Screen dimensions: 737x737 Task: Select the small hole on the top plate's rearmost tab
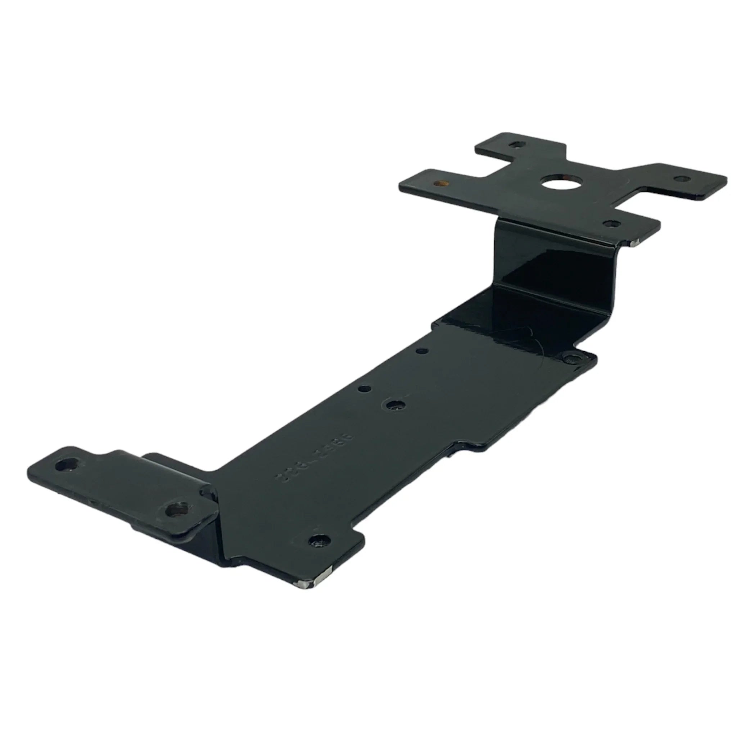[517, 145]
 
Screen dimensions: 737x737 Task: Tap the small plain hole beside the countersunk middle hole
[364, 389]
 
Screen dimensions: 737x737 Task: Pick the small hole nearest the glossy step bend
[421, 351]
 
